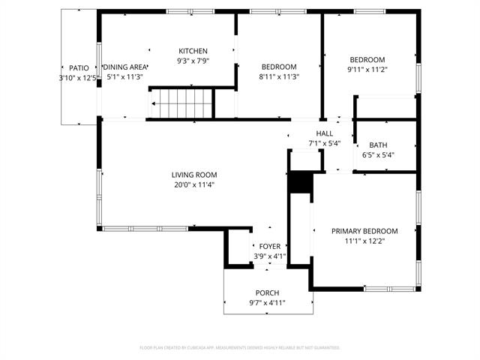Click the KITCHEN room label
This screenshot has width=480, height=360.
pos(193,51)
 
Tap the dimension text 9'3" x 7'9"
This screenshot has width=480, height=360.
pos(193,61)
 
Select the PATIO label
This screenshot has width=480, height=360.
pos(79,67)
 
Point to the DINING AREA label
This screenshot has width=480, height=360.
pos(125,67)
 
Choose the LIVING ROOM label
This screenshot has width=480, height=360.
pos(193,175)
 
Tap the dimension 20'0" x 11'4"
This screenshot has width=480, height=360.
pos(193,184)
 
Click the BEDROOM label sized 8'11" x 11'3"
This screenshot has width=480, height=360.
pos(278,66)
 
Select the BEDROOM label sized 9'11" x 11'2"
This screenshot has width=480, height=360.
pos(367,60)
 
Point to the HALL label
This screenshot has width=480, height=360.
pos(324,133)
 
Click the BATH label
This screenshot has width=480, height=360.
pos(378,145)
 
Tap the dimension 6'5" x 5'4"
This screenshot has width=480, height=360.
pos(378,155)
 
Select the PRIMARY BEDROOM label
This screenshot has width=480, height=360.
pos(364,231)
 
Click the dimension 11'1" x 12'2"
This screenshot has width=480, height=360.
pos(364,241)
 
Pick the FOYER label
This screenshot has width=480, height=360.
pos(270,246)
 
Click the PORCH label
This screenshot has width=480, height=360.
pos(267,292)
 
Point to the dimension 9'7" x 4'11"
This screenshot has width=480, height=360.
pos(267,302)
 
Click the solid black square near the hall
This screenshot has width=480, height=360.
pos(299,183)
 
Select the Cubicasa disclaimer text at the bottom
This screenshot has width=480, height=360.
pos(240,347)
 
